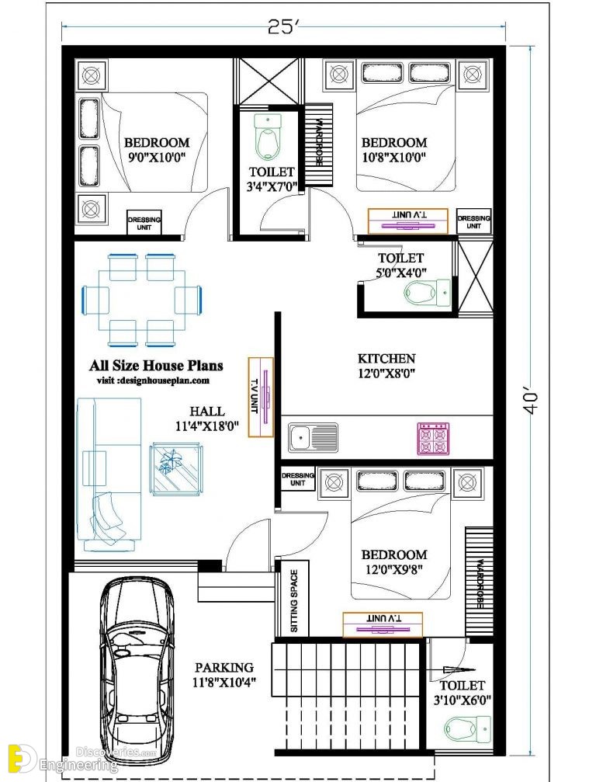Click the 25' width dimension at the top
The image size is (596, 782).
[282, 26]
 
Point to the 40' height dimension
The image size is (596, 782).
[532, 403]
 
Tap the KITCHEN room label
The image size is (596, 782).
[386, 359]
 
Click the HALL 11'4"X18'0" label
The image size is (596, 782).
[207, 419]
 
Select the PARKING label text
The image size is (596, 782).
[224, 667]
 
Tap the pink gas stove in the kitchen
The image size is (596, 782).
[434, 439]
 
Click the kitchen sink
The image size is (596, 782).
[313, 437]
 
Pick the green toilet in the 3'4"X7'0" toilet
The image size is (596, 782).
[268, 137]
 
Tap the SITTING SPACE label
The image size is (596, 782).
[295, 601]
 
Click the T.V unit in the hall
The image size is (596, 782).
[261, 398]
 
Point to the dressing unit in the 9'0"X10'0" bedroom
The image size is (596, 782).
[144, 222]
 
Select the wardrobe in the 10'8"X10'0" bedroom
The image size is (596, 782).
[318, 144]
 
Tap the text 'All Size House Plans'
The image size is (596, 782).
[156, 366]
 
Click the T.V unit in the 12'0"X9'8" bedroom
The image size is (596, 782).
[383, 624]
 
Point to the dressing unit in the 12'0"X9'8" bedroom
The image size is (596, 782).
[297, 479]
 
